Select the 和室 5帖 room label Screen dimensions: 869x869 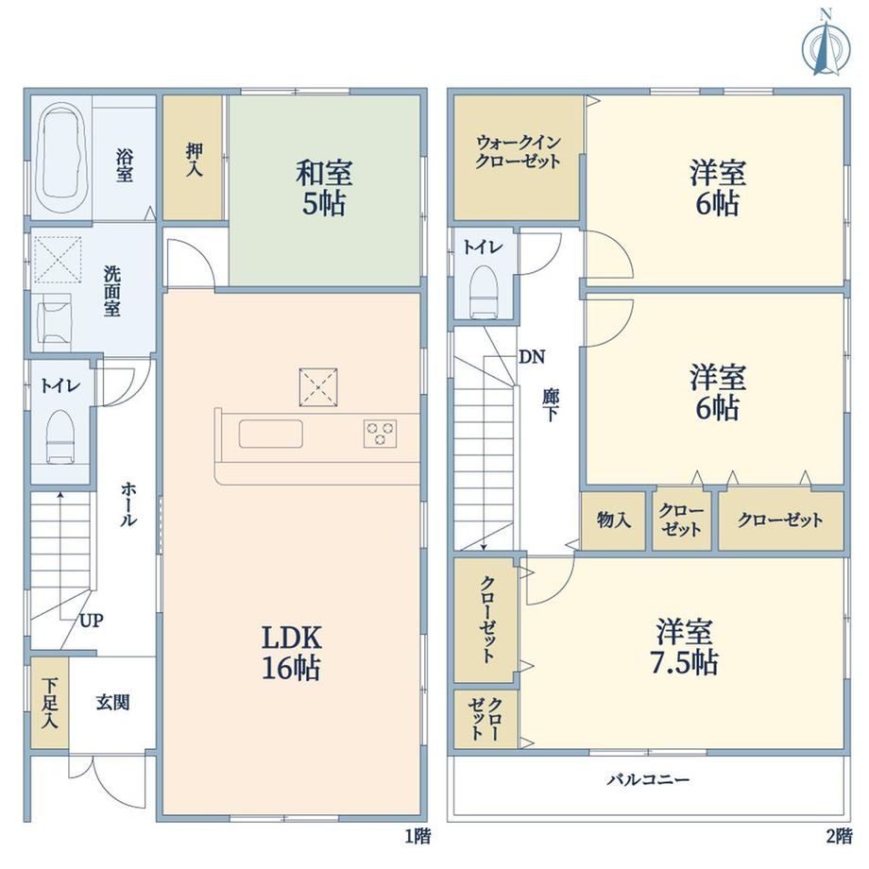pyautogui.click(x=324, y=187)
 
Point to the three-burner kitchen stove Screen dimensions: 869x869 pyautogui.click(x=380, y=434)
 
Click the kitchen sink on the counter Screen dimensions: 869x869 pyautogui.click(x=271, y=434)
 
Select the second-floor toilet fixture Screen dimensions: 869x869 pyautogui.click(x=484, y=292)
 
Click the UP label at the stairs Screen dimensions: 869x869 pyautogui.click(x=91, y=621)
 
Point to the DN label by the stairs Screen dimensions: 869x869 pyautogui.click(x=532, y=357)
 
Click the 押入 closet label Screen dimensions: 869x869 pyautogui.click(x=194, y=159)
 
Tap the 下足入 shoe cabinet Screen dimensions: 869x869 pyautogui.click(x=49, y=702)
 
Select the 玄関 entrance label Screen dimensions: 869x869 pyautogui.click(x=112, y=702)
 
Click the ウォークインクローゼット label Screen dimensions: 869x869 pyautogui.click(x=519, y=152)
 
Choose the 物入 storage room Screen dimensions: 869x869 pyautogui.click(x=613, y=521)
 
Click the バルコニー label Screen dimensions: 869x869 pyautogui.click(x=648, y=780)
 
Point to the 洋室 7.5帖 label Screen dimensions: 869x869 pyautogui.click(x=685, y=646)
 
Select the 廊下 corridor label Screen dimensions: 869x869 pyautogui.click(x=551, y=405)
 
